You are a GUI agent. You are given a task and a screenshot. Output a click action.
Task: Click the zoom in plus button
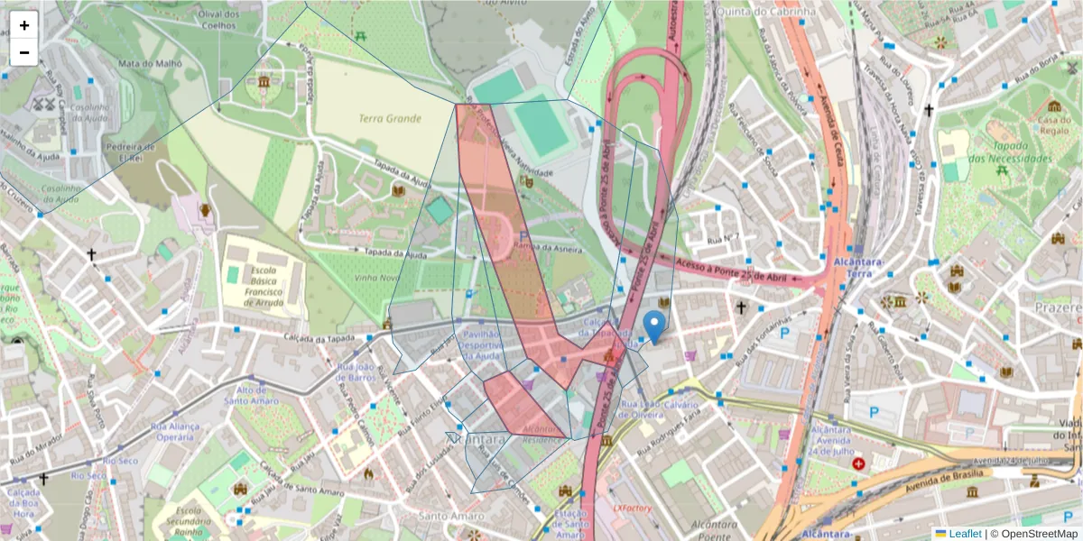pos(24,25)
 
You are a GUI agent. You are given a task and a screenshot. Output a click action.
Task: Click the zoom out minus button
pos(24,52)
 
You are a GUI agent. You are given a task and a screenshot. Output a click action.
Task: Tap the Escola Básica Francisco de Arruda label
pos(262,286)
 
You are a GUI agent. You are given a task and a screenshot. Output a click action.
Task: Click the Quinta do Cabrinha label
pos(766,12)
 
